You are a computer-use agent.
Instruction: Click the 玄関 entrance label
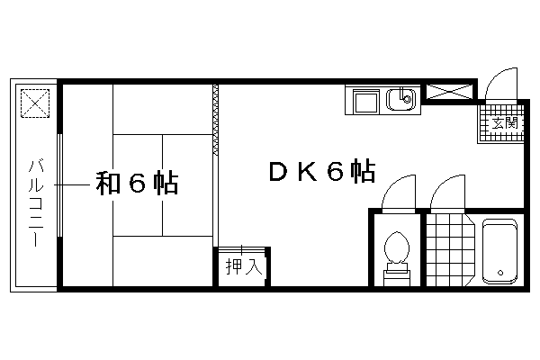[505, 123]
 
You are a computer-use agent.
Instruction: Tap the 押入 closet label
[244, 266]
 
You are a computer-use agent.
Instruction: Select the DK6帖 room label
[322, 171]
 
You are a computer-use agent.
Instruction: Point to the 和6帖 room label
[137, 183]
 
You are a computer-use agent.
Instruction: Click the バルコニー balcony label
[36, 202]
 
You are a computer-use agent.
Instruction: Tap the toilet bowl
[397, 247]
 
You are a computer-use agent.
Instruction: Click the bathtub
[499, 252]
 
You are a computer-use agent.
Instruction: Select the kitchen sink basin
[400, 100]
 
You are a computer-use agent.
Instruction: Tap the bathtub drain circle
[500, 273]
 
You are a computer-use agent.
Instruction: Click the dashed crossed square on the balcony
[35, 103]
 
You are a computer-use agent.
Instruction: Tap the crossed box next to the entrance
[449, 92]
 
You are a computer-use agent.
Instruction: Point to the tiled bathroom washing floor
[450, 250]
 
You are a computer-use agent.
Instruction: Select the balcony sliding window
[60, 185]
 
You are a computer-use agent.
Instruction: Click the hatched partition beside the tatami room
[216, 120]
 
